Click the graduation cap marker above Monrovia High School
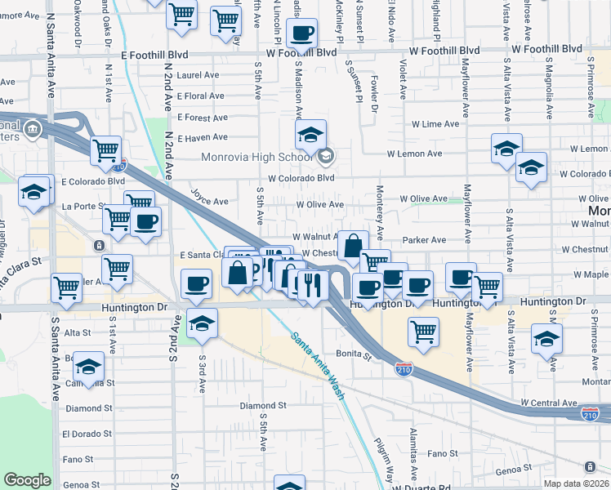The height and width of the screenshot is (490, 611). click(310, 136)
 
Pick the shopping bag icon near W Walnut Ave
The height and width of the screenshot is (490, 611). click(353, 246)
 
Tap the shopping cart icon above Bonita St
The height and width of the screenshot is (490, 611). click(423, 332)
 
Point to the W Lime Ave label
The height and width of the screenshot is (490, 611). click(435, 124)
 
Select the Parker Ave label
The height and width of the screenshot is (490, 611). click(424, 240)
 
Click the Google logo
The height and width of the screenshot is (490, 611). click(27, 480)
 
